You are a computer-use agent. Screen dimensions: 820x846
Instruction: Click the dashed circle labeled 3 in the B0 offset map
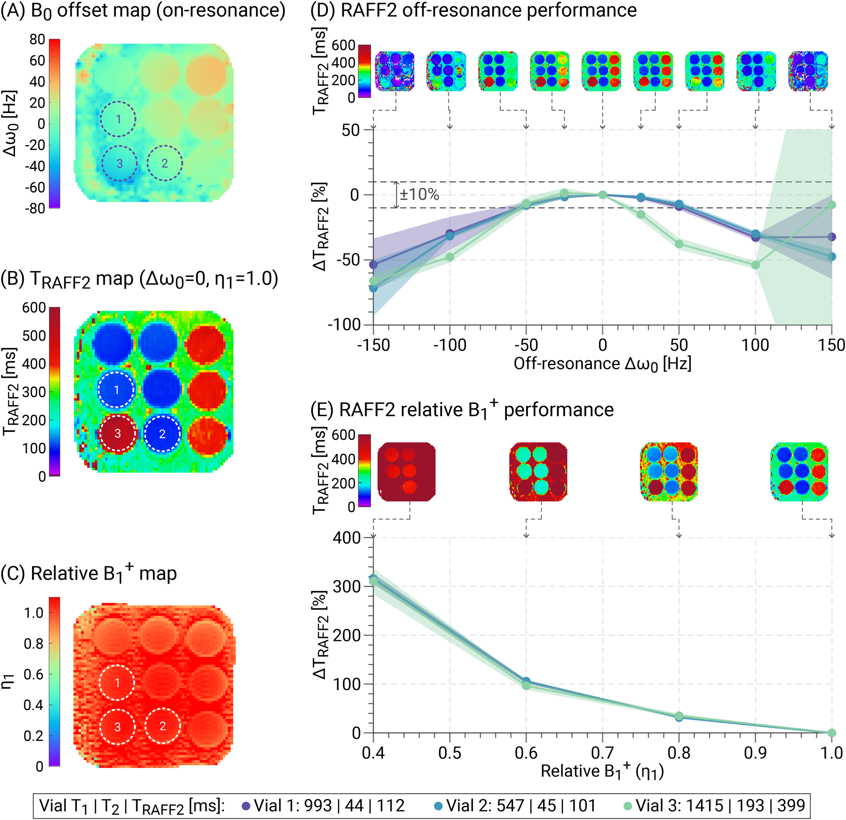[x=120, y=163]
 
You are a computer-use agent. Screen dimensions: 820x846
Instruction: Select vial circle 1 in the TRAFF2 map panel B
[x=116, y=390]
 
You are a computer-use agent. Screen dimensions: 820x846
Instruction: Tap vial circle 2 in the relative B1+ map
[x=163, y=726]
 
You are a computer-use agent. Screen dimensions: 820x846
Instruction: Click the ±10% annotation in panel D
[x=419, y=195]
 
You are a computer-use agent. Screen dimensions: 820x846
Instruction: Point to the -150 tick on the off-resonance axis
[x=373, y=345]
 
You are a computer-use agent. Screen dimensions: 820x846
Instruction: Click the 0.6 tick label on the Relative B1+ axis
[x=526, y=753]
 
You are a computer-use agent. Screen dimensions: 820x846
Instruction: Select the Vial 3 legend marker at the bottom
[x=628, y=806]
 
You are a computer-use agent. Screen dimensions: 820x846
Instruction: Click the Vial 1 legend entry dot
[x=246, y=806]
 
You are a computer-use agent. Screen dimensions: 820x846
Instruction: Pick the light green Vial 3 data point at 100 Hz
[x=755, y=265]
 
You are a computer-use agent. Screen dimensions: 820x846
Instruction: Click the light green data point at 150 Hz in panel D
[x=831, y=204]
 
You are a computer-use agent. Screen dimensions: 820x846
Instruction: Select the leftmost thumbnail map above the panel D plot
[x=394, y=71]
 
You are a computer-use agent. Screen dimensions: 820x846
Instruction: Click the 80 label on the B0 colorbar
[x=37, y=40]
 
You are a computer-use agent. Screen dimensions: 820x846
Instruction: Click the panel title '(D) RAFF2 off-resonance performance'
[x=473, y=10]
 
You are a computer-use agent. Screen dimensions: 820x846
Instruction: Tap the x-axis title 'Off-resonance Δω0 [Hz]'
[x=602, y=364]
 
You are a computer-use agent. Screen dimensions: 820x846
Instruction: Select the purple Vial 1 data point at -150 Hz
[x=373, y=265]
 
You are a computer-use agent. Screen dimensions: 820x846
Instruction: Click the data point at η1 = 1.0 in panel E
[x=831, y=733]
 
